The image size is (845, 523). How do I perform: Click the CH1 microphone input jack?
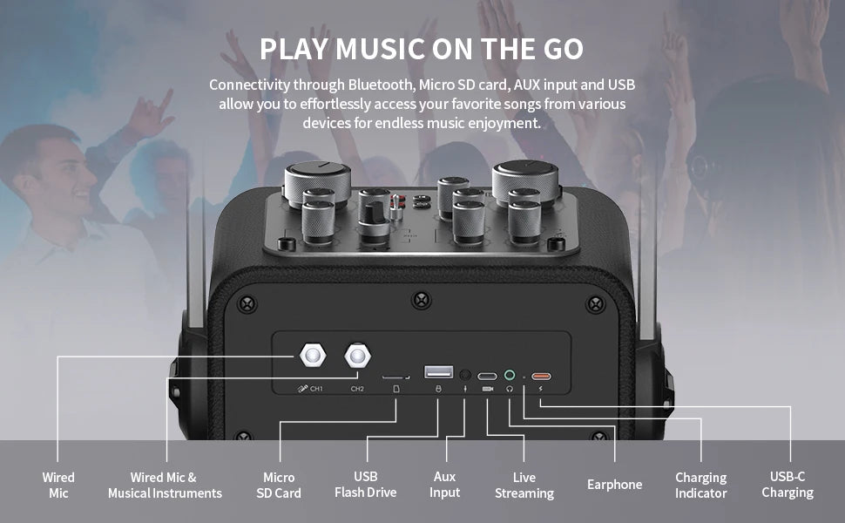[313, 356]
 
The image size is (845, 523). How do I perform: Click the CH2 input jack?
[357, 356]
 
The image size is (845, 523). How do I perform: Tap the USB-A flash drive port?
[439, 371]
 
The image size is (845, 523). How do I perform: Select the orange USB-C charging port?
[541, 377]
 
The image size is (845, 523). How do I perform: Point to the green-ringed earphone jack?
[510, 375]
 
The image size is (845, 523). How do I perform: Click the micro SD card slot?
[395, 377]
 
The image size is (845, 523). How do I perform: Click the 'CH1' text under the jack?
[316, 389]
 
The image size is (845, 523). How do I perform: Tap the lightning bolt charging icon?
[540, 388]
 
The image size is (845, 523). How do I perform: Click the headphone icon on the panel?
[510, 388]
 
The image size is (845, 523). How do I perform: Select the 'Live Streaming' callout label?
[524, 486]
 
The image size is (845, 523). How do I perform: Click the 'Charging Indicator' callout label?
[700, 486]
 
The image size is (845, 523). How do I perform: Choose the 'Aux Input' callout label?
[444, 485]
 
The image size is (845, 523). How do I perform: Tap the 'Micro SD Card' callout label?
[279, 486]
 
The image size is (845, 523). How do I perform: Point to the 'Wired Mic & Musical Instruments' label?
[165, 486]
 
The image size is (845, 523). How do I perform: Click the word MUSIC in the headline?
[381, 49]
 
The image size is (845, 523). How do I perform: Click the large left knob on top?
[317, 181]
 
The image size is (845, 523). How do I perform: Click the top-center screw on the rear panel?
[421, 300]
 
